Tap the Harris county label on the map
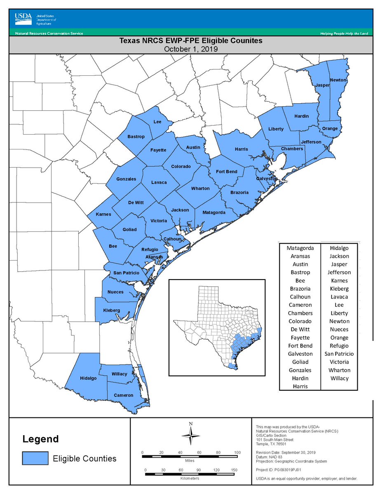click(241, 149)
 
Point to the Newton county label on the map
click(338, 80)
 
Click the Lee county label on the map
click(157, 122)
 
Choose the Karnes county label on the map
click(103, 214)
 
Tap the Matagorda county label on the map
click(214, 212)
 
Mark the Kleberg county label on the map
click(111, 310)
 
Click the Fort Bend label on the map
click(227, 171)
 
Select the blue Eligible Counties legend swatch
click(35, 458)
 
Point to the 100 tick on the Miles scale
click(237, 453)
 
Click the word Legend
click(40, 439)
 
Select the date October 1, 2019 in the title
click(190, 49)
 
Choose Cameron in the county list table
click(300, 305)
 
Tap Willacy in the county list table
click(339, 378)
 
